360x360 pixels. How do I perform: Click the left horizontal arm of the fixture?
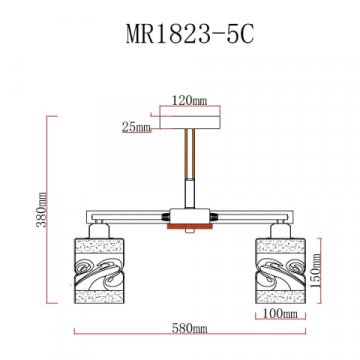point(120,214)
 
